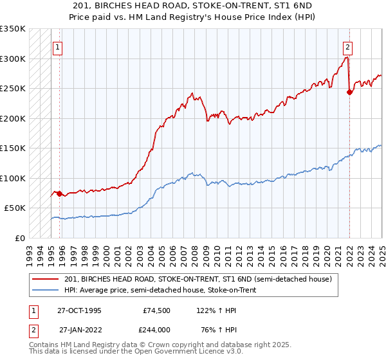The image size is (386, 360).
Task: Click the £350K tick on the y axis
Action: (x=13, y=29)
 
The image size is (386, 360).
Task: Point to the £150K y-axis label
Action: (x=13, y=148)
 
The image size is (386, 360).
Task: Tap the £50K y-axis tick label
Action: (x=15, y=208)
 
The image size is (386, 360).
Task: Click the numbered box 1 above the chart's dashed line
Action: (x=58, y=47)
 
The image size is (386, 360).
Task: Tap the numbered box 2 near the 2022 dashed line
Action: (x=347, y=47)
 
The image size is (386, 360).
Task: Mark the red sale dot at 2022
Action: (x=349, y=93)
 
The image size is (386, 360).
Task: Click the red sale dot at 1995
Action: (x=59, y=194)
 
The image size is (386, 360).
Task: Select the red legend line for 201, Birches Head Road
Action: (x=46, y=279)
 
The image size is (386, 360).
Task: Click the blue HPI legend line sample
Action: (x=46, y=290)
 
